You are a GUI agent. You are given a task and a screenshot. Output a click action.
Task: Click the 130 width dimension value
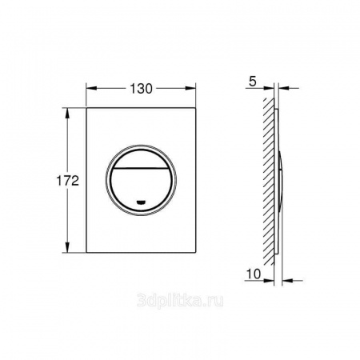tap(141, 89)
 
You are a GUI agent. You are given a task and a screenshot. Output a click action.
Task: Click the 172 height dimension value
tap(68, 181)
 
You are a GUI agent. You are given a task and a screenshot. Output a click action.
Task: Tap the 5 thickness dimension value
tap(252, 82)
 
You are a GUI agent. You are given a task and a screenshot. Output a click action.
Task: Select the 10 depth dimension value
tap(254, 274)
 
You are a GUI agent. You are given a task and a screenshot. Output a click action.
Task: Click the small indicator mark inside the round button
tap(141, 202)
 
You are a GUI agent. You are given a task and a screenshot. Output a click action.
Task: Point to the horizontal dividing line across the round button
tap(140, 169)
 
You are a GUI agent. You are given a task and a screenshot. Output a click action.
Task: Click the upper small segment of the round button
tap(140, 159)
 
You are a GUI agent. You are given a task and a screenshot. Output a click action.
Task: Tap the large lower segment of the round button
tap(140, 190)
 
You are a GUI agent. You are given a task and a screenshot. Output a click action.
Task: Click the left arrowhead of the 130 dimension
tap(91, 88)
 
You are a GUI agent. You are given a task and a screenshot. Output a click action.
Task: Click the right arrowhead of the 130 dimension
tap(190, 88)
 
